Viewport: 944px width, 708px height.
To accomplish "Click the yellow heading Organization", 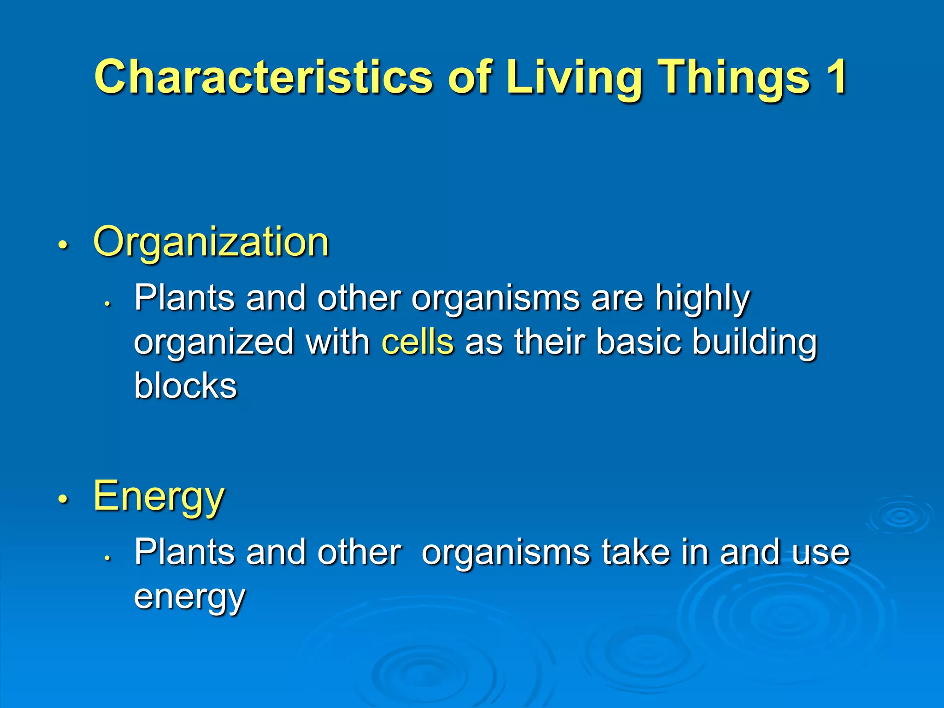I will coord(211,242).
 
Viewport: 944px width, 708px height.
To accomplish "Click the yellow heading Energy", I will coord(159,497).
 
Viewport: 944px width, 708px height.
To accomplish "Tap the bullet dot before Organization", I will coord(63,245).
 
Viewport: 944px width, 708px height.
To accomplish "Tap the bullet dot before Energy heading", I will coord(63,499).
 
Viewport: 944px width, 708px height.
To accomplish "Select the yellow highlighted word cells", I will coord(418,342).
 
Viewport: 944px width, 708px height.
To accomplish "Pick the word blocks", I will coord(185,386).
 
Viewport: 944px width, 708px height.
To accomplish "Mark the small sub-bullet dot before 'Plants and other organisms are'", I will coord(107,304).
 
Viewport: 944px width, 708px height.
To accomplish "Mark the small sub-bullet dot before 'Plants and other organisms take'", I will coord(107,558).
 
